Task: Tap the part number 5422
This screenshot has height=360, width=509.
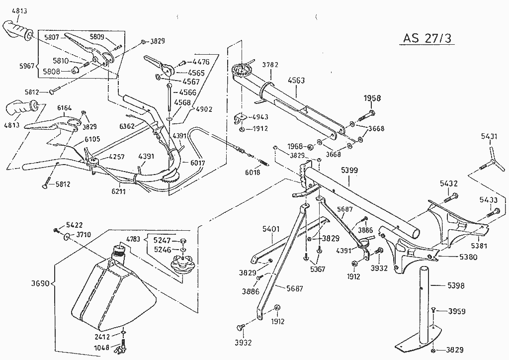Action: [75, 225]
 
